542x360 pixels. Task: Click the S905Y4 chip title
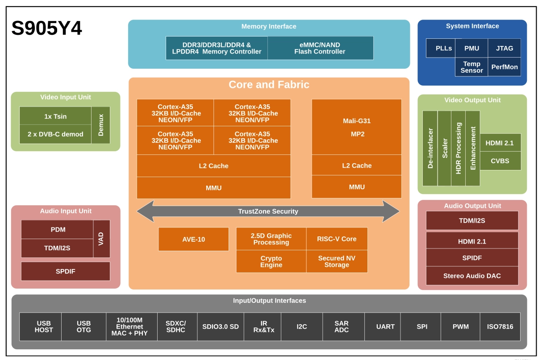click(x=47, y=28)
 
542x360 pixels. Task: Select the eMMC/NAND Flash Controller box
click(x=321, y=48)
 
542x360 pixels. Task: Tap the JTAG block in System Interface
click(x=504, y=48)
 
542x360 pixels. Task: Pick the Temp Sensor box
click(x=471, y=67)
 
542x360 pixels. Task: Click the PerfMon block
click(x=504, y=67)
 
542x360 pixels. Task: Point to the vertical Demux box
click(x=100, y=125)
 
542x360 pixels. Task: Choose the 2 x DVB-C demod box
click(x=55, y=134)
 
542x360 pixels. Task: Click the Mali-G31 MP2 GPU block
click(x=357, y=127)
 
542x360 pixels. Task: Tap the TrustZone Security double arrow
click(x=268, y=211)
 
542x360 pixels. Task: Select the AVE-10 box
click(x=194, y=239)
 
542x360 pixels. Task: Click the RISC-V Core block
click(x=337, y=239)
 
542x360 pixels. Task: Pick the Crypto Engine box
click(x=271, y=261)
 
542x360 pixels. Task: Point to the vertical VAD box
click(x=102, y=239)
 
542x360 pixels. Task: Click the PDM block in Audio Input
click(x=57, y=229)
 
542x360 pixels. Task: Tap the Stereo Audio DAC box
click(x=472, y=276)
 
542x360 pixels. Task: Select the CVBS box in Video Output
click(x=500, y=161)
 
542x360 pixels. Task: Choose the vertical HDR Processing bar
click(x=458, y=148)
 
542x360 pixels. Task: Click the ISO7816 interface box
click(x=500, y=327)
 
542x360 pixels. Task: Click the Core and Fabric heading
click(x=269, y=85)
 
